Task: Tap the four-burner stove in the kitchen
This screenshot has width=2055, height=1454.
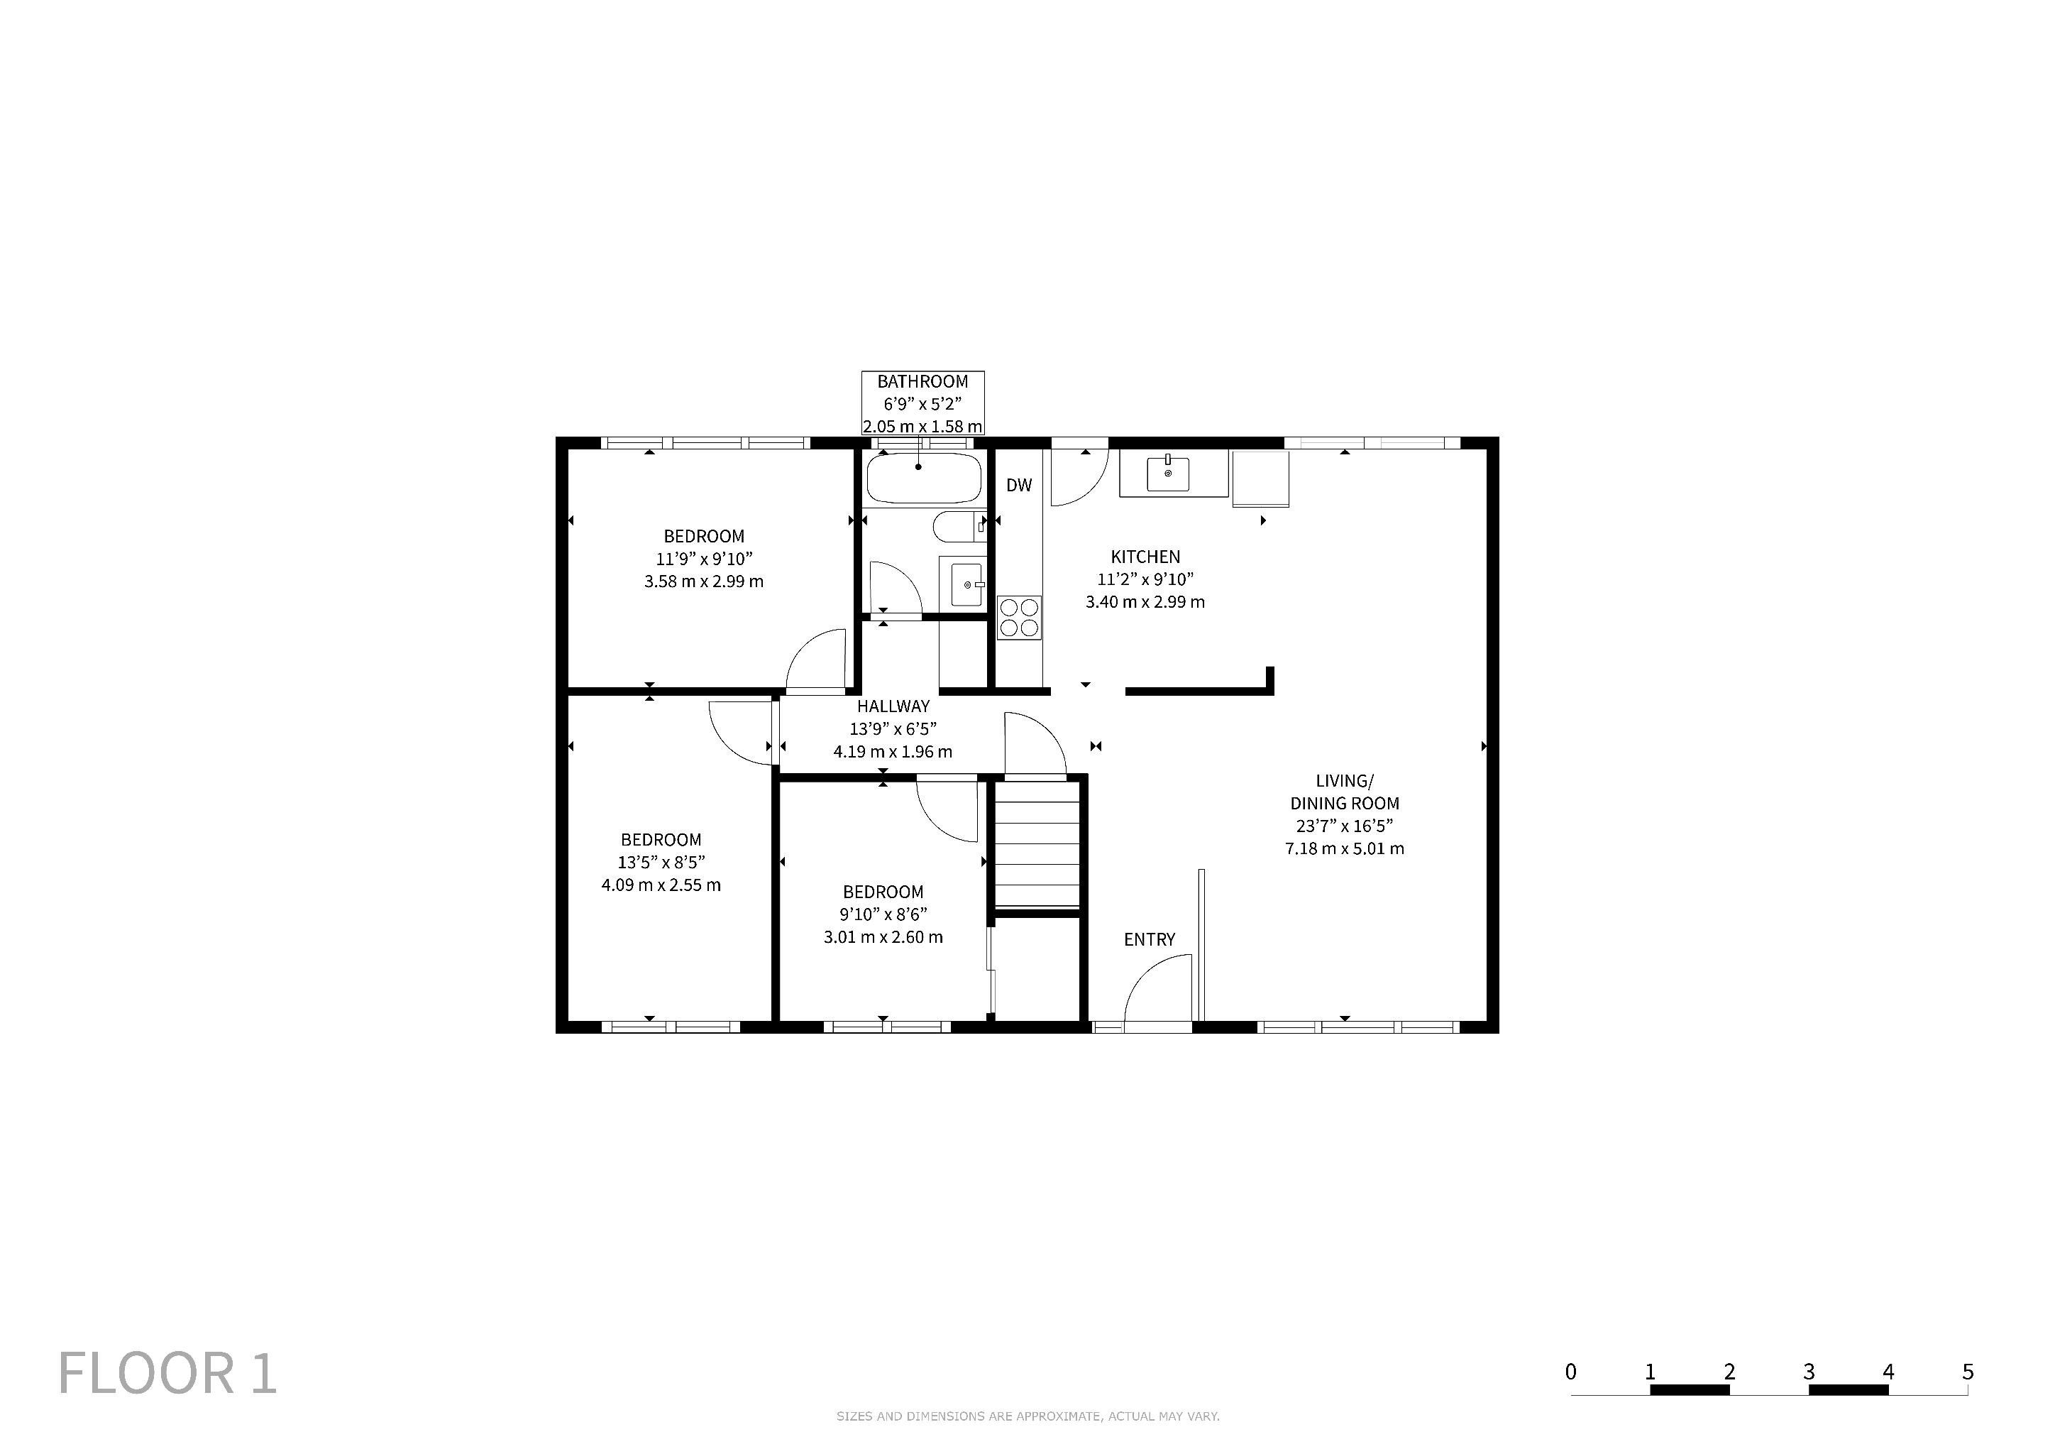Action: pyautogui.click(x=1020, y=617)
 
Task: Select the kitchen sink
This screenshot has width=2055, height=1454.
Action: pyautogui.click(x=1168, y=474)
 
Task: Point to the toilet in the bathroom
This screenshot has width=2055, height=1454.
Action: pyautogui.click(x=959, y=527)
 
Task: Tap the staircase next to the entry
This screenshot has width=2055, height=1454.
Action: pyautogui.click(x=1037, y=844)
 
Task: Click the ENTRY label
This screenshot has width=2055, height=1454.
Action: pyautogui.click(x=1150, y=939)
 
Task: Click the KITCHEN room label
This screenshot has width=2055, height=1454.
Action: pyautogui.click(x=1145, y=557)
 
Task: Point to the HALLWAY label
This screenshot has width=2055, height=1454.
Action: pyautogui.click(x=893, y=706)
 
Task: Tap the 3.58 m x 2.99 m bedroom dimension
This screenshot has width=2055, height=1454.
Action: pyautogui.click(x=703, y=581)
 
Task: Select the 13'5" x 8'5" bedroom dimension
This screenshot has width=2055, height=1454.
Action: pyautogui.click(x=661, y=862)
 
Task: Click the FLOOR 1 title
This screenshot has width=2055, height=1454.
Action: pyautogui.click(x=167, y=1374)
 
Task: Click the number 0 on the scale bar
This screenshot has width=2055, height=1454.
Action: pyautogui.click(x=1571, y=1372)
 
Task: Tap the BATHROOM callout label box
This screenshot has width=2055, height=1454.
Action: pyautogui.click(x=922, y=403)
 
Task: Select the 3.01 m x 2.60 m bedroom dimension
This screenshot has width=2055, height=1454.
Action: pyautogui.click(x=883, y=937)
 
